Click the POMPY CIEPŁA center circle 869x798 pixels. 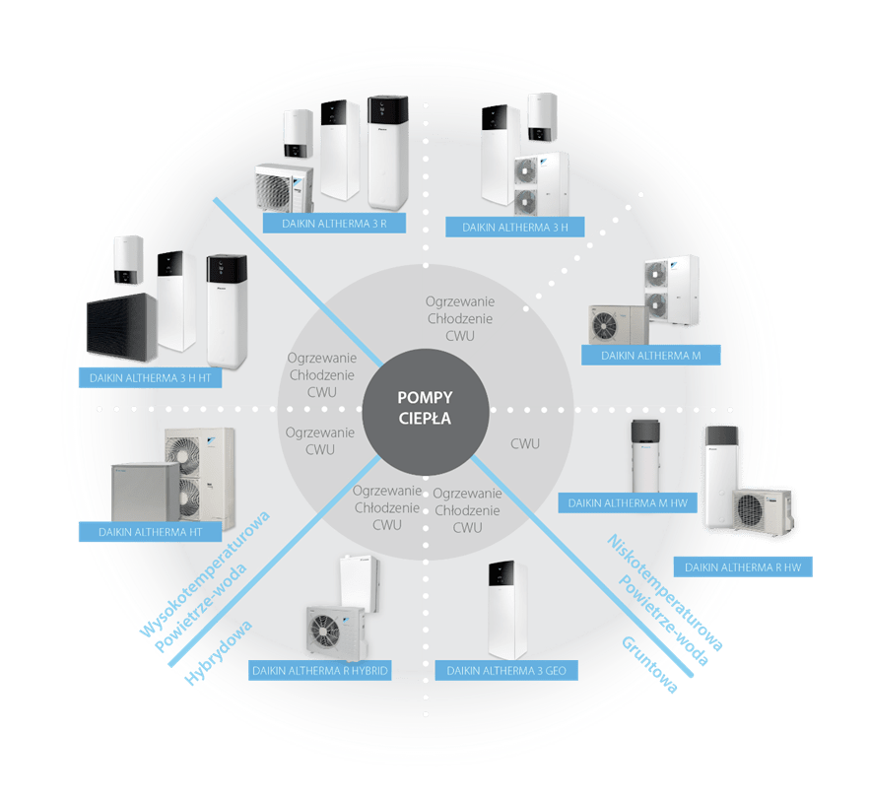pyautogui.click(x=425, y=408)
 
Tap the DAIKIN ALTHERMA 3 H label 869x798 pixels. pyautogui.click(x=514, y=228)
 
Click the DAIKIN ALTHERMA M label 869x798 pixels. pyautogui.click(x=650, y=355)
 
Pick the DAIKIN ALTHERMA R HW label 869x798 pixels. pyautogui.click(x=742, y=566)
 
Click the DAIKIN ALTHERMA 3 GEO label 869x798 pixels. pyautogui.click(x=511, y=671)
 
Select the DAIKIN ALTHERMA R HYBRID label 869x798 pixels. pyautogui.click(x=320, y=671)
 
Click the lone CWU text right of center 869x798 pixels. pyautogui.click(x=525, y=444)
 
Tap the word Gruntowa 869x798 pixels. pyautogui.click(x=649, y=667)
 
